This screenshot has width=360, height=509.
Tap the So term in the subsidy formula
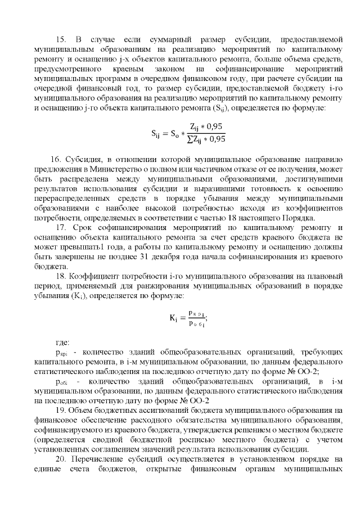click(x=177, y=134)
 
